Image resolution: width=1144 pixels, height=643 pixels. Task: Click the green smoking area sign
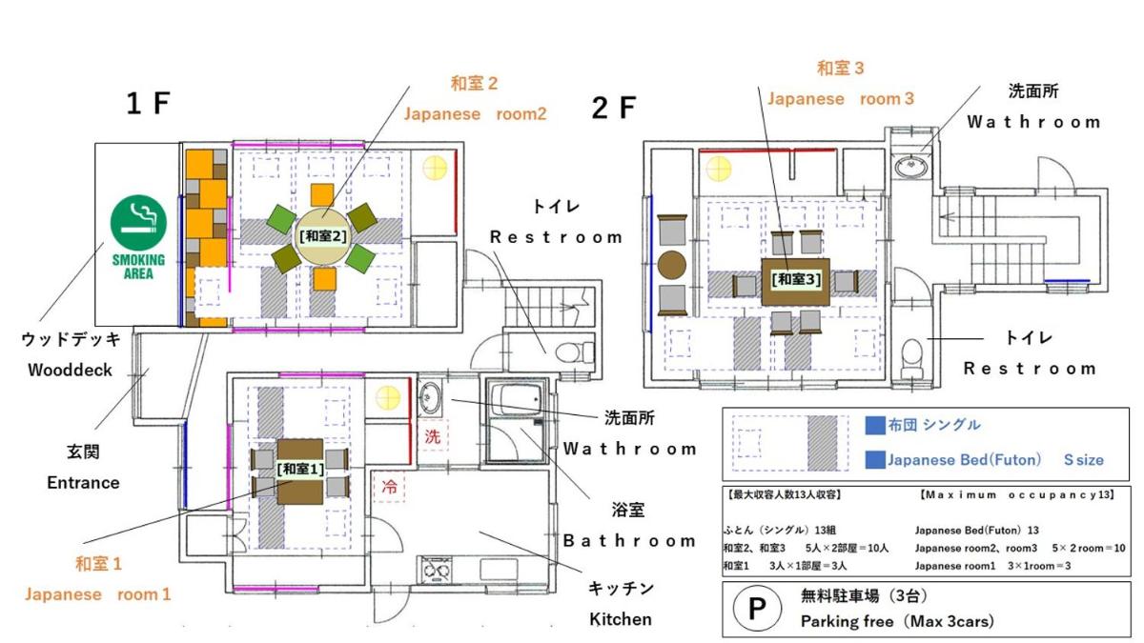point(138,237)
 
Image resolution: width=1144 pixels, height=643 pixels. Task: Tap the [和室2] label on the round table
point(323,236)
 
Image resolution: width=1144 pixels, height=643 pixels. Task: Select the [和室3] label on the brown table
point(796,279)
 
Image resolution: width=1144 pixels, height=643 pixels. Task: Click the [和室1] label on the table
point(300,469)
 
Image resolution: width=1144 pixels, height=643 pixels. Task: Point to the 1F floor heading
point(148,104)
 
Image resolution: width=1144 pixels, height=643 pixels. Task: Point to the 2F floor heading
point(614,109)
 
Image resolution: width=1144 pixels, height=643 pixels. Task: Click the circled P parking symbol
point(757,609)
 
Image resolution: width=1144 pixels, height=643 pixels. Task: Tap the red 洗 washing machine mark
point(433,437)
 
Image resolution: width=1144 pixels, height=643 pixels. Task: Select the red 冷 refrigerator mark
point(389,487)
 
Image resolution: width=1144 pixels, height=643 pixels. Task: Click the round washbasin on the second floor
point(911,166)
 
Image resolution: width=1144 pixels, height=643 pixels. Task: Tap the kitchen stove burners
point(437,570)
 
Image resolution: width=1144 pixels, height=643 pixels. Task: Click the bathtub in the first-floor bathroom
point(516,399)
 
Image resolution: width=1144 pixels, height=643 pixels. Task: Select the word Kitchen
point(621,619)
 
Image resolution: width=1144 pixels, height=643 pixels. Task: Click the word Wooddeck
point(70,370)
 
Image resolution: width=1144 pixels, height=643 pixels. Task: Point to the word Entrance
point(83,482)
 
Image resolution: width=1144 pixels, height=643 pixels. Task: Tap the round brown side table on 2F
point(671,265)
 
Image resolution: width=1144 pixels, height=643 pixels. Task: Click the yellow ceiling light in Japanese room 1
point(388,398)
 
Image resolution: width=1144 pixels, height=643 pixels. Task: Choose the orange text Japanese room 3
point(841,98)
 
